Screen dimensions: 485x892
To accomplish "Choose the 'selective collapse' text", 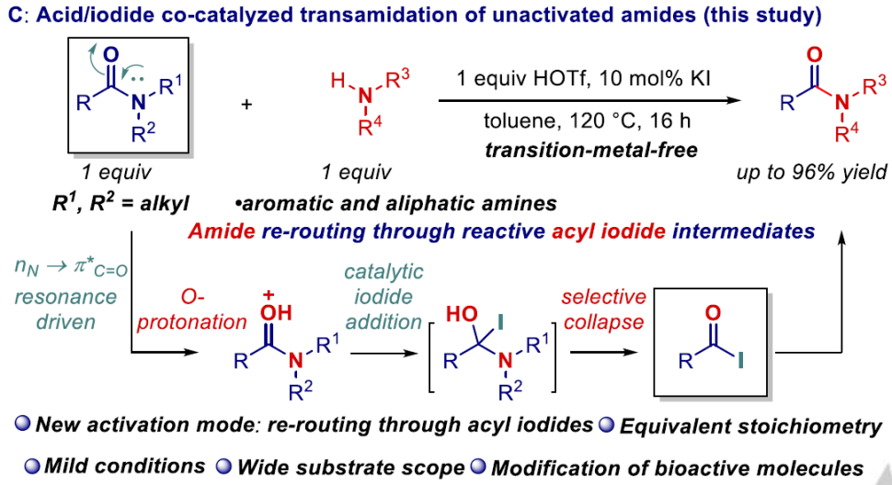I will click(605, 308).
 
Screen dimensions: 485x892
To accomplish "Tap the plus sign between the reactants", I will click(246, 104).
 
